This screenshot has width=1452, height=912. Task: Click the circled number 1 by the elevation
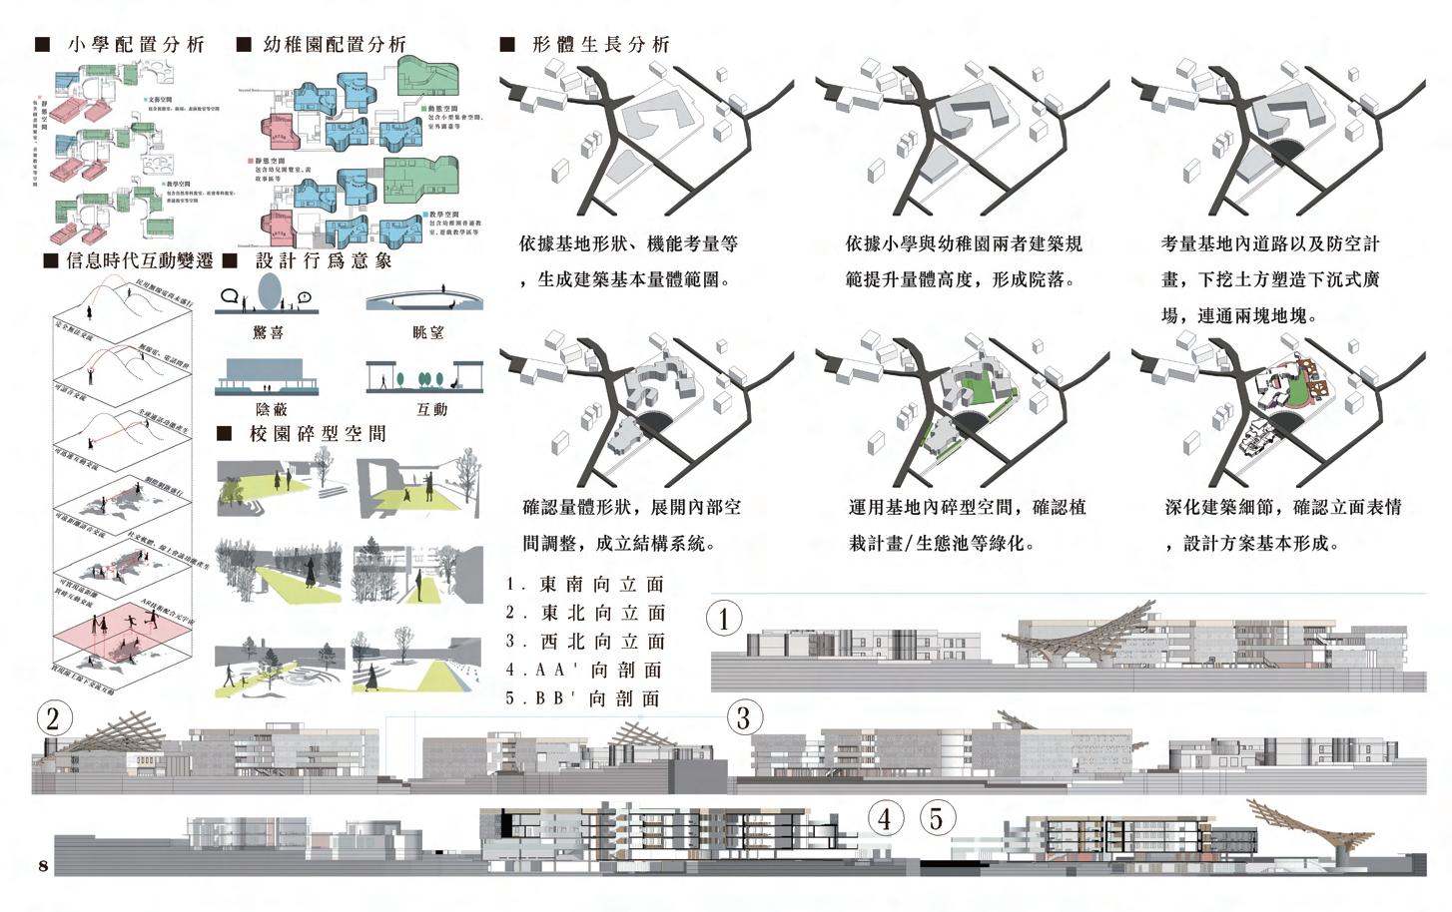[724, 619]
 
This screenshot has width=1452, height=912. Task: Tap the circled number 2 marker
[54, 717]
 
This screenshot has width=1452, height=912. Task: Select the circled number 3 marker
[742, 717]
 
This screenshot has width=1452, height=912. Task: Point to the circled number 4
[885, 818]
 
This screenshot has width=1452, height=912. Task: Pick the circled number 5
[936, 818]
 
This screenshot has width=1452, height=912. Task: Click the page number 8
[43, 865]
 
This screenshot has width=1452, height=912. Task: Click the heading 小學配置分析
[136, 45]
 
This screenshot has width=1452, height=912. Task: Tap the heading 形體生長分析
[600, 45]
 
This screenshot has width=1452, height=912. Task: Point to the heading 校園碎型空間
[317, 434]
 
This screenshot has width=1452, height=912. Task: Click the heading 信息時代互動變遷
[139, 261]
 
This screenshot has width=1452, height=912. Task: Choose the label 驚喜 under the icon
[269, 332]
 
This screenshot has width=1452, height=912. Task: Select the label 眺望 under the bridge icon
[428, 332]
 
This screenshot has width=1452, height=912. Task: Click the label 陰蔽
[271, 409]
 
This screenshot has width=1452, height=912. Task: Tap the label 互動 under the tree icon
[431, 409]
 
